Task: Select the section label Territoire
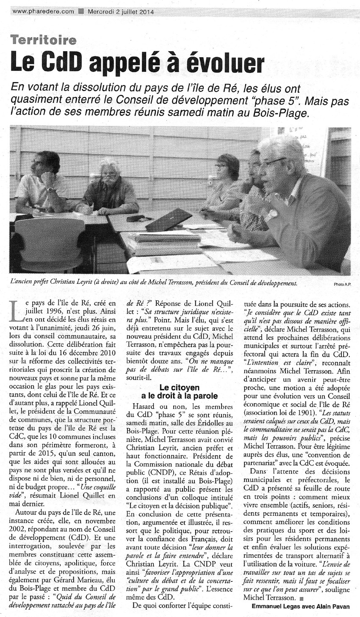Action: pyautogui.click(x=44, y=40)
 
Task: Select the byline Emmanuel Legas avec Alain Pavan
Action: pyautogui.click(x=301, y=606)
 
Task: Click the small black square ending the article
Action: pyautogui.click(x=301, y=598)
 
